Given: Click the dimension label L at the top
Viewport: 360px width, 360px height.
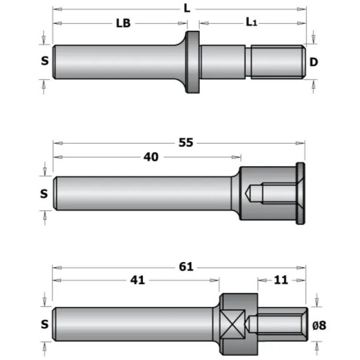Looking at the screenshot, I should pyautogui.click(x=187, y=9).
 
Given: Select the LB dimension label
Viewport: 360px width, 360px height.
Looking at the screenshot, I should pyautogui.click(x=123, y=23).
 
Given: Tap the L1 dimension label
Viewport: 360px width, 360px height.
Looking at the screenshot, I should pyautogui.click(x=252, y=23).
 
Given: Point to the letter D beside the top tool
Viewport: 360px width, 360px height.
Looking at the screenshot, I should pyautogui.click(x=313, y=62).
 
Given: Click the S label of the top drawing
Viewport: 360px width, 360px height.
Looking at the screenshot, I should pyautogui.click(x=45, y=61).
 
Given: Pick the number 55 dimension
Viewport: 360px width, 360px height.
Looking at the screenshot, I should pyautogui.click(x=186, y=143).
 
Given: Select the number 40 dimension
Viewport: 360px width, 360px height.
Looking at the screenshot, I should pyautogui.click(x=151, y=157).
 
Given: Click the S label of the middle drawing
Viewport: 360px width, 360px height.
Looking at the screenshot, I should pyautogui.click(x=45, y=193).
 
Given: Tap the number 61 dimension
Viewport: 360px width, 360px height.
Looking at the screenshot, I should pyautogui.click(x=186, y=267).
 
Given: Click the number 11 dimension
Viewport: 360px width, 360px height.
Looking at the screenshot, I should pyautogui.click(x=280, y=280).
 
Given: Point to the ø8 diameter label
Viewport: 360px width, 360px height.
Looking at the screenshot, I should pyautogui.click(x=320, y=325).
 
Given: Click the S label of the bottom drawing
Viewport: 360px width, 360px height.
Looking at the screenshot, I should pyautogui.click(x=45, y=324).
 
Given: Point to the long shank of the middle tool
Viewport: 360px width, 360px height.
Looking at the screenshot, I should pyautogui.click(x=143, y=193).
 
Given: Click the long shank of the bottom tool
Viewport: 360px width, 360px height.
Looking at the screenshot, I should pyautogui.click(x=134, y=324).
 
